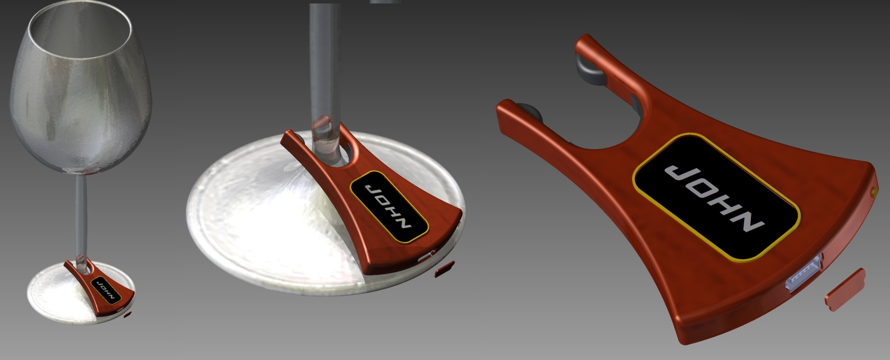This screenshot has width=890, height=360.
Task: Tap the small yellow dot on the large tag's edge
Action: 873,190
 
